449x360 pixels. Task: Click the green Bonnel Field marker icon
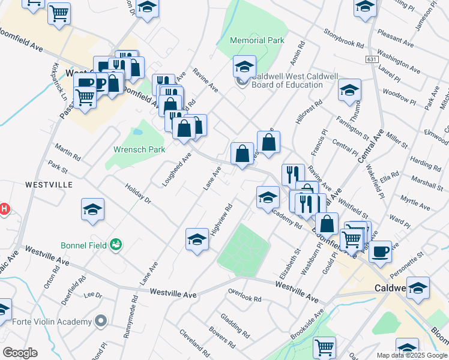pyautogui.click(x=116, y=244)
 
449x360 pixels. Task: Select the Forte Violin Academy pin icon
pyautogui.click(x=101, y=321)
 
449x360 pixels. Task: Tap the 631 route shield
pyautogui.click(x=371, y=59)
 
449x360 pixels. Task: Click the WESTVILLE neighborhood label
pyautogui.click(x=49, y=184)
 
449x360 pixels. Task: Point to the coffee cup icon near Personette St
pyautogui.click(x=379, y=251)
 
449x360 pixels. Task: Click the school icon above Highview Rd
pyautogui.click(x=197, y=239)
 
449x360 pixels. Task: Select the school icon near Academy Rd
pyautogui.click(x=268, y=197)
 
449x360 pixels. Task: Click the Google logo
pyautogui.click(x=20, y=353)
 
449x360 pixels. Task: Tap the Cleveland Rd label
pyautogui.click(x=193, y=342)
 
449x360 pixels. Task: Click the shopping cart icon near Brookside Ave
pyautogui.click(x=324, y=347)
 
